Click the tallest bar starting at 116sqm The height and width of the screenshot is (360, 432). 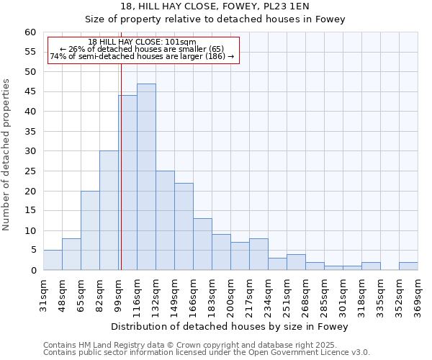146,177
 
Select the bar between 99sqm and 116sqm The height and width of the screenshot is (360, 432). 127,183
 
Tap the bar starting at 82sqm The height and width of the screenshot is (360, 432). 109,210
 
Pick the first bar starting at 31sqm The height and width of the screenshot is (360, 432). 53,260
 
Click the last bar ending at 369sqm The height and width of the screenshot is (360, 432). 408,266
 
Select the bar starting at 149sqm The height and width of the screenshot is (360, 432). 184,227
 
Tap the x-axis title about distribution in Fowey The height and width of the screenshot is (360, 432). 230,326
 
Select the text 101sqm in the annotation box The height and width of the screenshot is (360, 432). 179,42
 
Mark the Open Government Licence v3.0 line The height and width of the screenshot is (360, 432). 207,353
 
